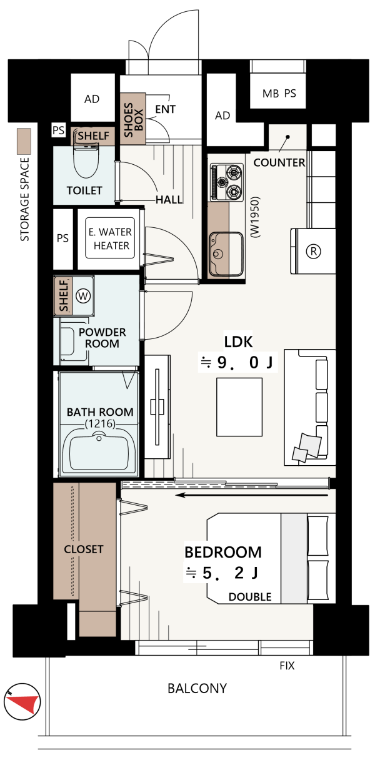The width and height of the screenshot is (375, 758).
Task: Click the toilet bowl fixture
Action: pyautogui.click(x=86, y=159)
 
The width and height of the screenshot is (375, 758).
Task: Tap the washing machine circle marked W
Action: pyautogui.click(x=83, y=297)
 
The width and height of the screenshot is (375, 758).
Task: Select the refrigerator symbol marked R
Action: pyautogui.click(x=313, y=251)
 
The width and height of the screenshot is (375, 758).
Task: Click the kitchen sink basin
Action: pyautogui.click(x=226, y=253)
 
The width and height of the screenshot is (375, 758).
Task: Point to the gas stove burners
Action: pyautogui.click(x=227, y=182)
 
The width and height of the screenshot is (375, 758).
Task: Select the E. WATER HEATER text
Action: pyautogui.click(x=110, y=239)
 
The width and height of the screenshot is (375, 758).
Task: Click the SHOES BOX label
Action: pyautogui.click(x=133, y=119)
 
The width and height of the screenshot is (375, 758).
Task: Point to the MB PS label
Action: pyautogui.click(x=279, y=93)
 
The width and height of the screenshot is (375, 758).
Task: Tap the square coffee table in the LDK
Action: pyautogui.click(x=239, y=407)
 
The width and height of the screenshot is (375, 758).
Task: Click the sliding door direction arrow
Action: pyautogui.click(x=252, y=495)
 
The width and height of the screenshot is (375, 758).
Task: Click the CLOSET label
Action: pyautogui.click(x=83, y=549)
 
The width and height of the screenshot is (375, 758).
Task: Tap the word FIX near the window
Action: pyautogui.click(x=287, y=666)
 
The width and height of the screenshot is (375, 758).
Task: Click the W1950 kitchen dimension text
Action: pyautogui.click(x=255, y=217)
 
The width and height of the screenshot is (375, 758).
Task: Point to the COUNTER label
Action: pyautogui.click(x=279, y=162)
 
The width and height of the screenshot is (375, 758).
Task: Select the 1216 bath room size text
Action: pyautogui.click(x=100, y=424)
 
